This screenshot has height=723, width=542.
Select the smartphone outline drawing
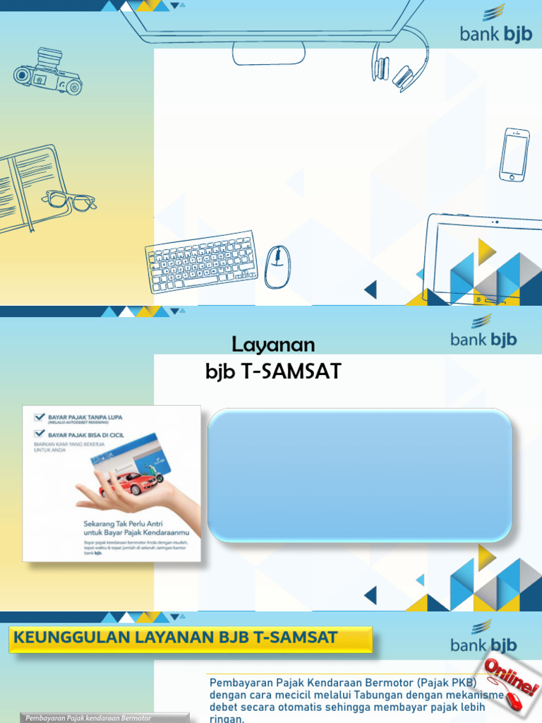coord(514,155)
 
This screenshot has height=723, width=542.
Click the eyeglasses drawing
coord(68,201)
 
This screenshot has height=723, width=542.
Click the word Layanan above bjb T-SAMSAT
coord(273,345)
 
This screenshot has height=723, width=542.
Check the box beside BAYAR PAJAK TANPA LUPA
coord(39,417)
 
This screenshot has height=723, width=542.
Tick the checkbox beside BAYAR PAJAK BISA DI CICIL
coord(39,434)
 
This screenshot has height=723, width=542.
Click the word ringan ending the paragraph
coord(226,719)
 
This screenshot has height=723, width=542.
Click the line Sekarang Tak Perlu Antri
coord(114,524)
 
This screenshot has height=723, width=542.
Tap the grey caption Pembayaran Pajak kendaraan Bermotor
coord(89,718)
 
